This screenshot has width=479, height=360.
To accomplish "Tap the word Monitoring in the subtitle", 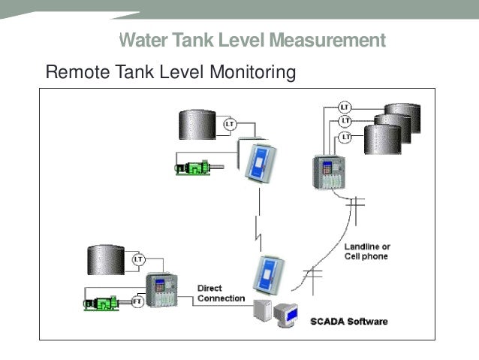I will click(254, 73).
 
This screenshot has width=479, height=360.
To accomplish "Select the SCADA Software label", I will click(349, 322).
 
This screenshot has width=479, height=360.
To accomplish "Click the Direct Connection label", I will click(221, 293).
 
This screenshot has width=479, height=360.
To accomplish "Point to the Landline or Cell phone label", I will click(367, 252).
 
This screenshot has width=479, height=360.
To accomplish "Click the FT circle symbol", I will click(137, 302).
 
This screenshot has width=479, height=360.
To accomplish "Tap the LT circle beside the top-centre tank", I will click(230, 123).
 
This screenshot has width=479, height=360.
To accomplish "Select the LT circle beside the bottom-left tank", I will click(138, 259).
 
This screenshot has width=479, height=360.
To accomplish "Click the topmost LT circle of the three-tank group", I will click(345, 107).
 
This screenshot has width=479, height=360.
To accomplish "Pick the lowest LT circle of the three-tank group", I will click(345, 137).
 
